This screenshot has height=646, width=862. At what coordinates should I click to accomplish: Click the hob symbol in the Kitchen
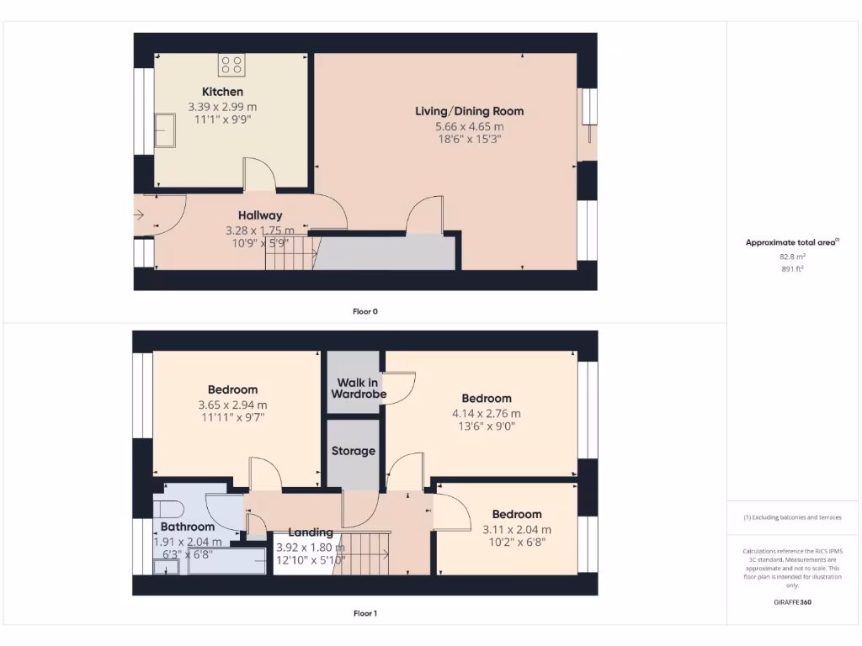[x=231, y=65]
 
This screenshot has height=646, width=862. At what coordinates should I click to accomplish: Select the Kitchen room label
[x=222, y=92]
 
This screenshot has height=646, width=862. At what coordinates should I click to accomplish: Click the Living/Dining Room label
[x=469, y=111]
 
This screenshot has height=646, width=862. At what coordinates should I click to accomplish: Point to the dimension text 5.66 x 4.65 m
[x=469, y=126]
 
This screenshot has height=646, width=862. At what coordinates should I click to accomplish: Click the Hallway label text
[x=259, y=215]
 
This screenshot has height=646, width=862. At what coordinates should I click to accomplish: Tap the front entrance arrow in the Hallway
[x=139, y=216]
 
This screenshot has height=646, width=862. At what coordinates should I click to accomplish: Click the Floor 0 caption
[x=364, y=311]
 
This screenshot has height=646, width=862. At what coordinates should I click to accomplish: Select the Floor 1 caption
[x=364, y=613]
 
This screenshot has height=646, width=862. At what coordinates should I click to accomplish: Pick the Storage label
[x=353, y=452]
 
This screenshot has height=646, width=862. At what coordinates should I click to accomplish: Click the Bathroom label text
[x=188, y=527]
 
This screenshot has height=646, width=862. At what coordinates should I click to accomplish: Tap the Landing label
[x=311, y=532]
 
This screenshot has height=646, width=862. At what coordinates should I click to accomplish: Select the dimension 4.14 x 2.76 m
[x=486, y=413]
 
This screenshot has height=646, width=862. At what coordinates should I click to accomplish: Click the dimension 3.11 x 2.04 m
[x=516, y=529]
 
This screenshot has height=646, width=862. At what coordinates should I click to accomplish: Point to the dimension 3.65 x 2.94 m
[x=233, y=405]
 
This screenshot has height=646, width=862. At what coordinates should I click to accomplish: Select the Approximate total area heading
[x=791, y=242]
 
